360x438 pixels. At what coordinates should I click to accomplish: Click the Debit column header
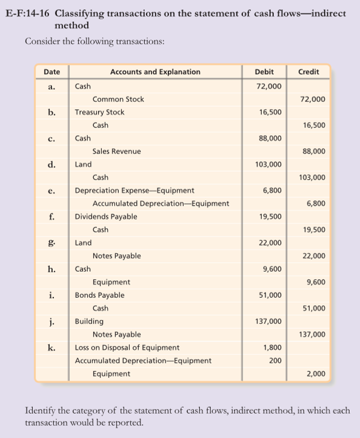[x=264, y=72]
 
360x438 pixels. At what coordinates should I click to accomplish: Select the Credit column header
[x=308, y=72]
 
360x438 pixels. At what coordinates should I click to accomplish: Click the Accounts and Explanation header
[x=155, y=72]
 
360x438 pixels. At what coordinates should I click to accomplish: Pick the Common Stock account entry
[x=118, y=99]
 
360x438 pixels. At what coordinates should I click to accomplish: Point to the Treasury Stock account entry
[x=99, y=112]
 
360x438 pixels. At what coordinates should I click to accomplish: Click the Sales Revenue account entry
[x=116, y=152]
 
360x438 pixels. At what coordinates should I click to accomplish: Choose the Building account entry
[x=89, y=322]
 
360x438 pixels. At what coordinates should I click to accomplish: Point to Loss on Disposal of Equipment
[x=127, y=348]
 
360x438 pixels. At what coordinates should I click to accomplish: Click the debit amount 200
[x=275, y=360]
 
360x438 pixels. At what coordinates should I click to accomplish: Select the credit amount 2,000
[x=316, y=374]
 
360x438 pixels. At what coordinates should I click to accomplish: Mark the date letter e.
[x=52, y=190]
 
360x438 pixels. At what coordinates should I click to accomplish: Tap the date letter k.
[x=52, y=348]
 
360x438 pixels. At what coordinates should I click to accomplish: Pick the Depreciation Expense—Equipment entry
[x=135, y=190]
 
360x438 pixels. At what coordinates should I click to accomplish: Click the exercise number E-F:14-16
[x=31, y=14]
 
